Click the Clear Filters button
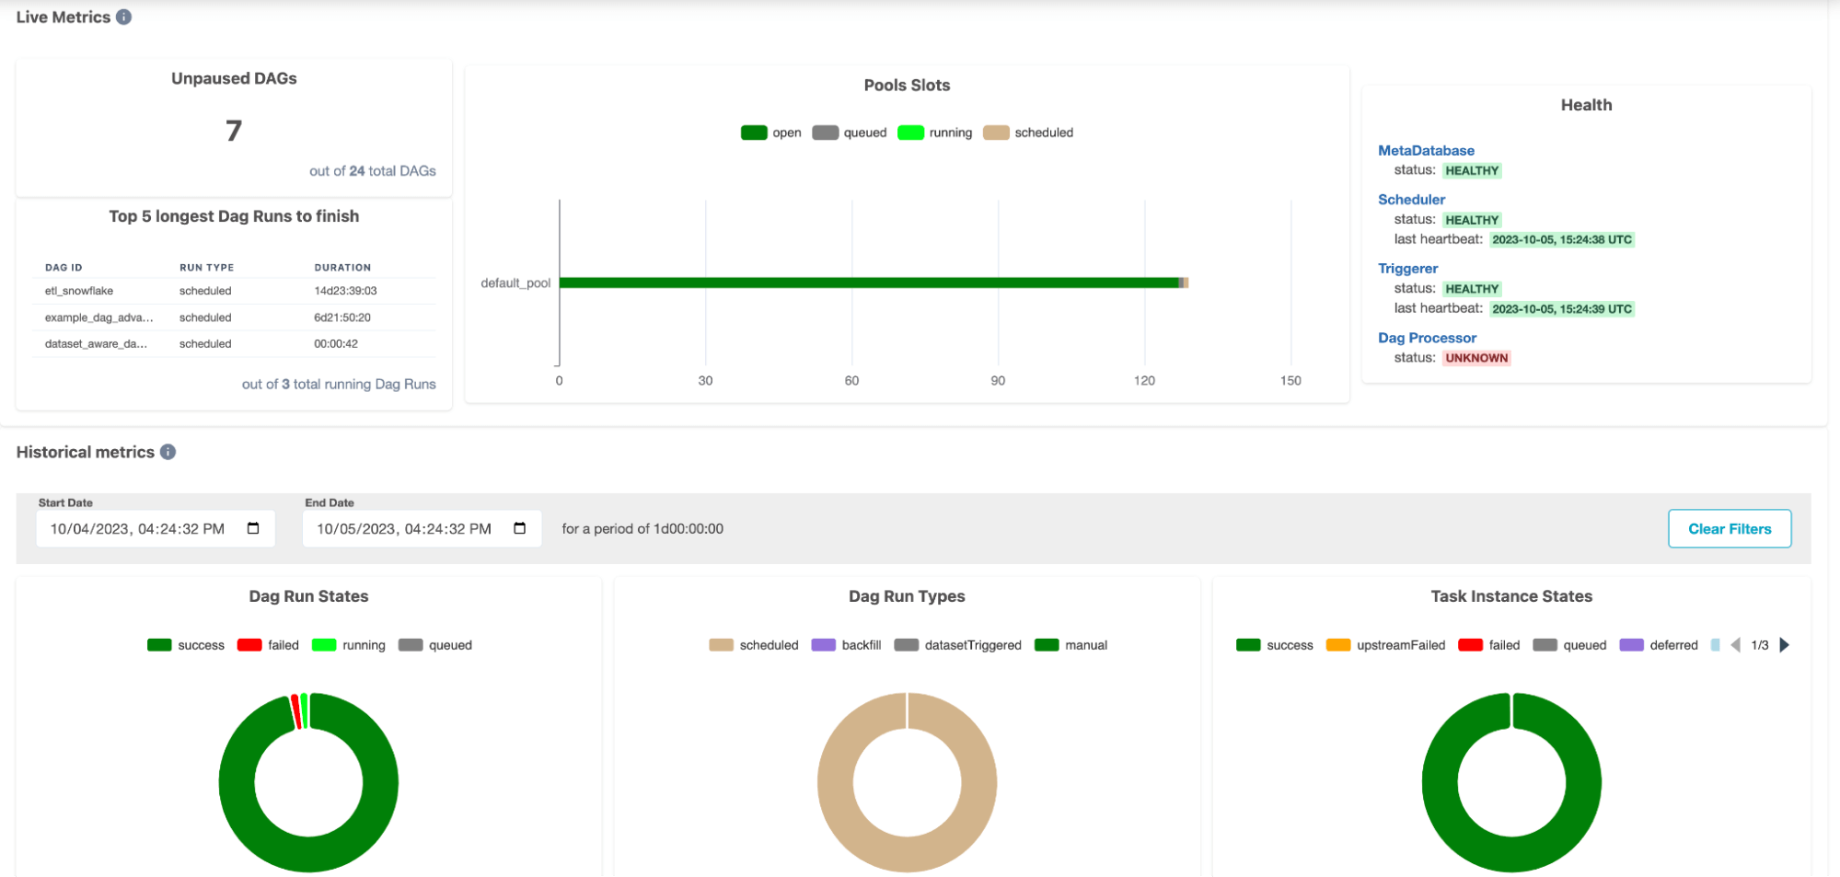click(x=1729, y=528)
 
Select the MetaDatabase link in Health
click(x=1425, y=150)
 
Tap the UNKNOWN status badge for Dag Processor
click(x=1475, y=358)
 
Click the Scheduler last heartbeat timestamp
click(x=1561, y=239)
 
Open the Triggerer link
click(x=1407, y=268)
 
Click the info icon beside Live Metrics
click(x=123, y=17)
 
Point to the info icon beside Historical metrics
click(x=168, y=452)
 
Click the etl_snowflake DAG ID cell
click(x=79, y=291)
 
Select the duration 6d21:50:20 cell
click(x=342, y=317)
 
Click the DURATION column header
click(x=342, y=268)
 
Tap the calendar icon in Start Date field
click(x=253, y=528)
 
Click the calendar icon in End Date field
click(x=520, y=528)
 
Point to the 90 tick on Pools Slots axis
click(x=998, y=380)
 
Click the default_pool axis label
click(x=515, y=283)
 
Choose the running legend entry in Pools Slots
click(x=935, y=133)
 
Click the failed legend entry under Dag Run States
click(x=268, y=645)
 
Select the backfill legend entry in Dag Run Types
click(x=846, y=645)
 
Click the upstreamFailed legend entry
click(x=1385, y=645)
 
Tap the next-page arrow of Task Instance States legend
click(x=1785, y=645)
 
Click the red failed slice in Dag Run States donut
click(x=296, y=711)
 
